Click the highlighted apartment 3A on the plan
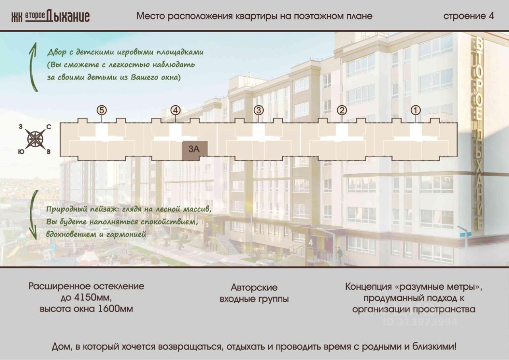[x=194, y=150]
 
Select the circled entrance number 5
[x=102, y=110]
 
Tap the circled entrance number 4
[x=175, y=110]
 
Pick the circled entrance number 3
[x=258, y=110]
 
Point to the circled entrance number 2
[x=342, y=110]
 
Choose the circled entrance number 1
[x=416, y=110]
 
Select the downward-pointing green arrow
[x=34, y=215]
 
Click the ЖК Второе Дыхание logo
[x=50, y=16]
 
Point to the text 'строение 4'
[x=468, y=16]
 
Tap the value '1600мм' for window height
[x=115, y=309]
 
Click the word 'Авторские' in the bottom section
[x=254, y=287]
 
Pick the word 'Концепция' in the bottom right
[x=367, y=286]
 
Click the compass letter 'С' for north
[x=49, y=127]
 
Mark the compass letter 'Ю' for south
[x=20, y=151]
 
